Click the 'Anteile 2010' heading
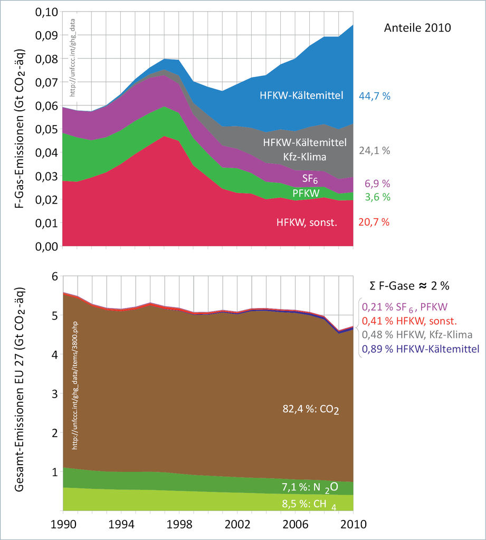[417, 28]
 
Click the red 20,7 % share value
[374, 223]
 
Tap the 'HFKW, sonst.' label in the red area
[307, 223]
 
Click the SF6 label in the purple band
[310, 178]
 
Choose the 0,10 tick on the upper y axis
[46, 12]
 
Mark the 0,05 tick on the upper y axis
[46, 129]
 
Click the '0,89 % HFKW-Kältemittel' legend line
[420, 349]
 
